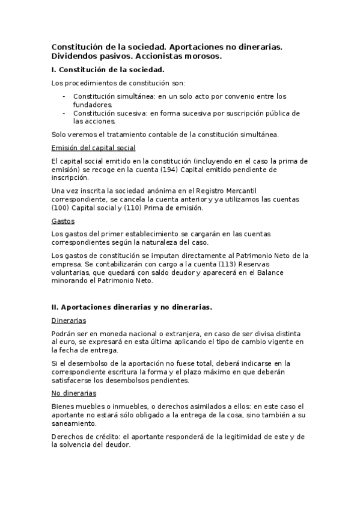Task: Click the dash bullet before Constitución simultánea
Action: [x=64, y=96]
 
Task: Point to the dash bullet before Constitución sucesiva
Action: [x=64, y=113]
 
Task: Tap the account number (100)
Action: [x=60, y=208]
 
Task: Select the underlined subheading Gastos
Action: [x=63, y=221]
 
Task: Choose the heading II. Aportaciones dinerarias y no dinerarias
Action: [x=132, y=307]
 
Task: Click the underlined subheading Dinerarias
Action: [x=69, y=321]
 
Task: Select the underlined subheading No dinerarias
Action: [x=74, y=393]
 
